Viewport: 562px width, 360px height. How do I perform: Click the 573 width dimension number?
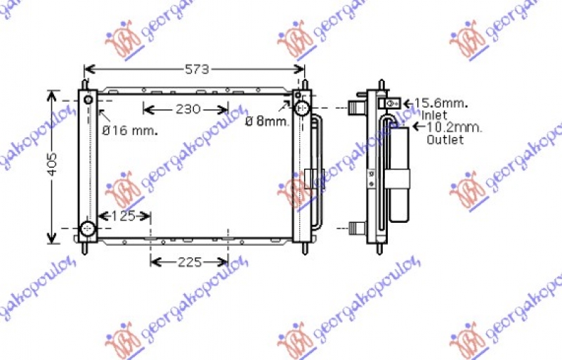point(197,69)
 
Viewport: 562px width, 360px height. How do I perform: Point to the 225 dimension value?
point(189,262)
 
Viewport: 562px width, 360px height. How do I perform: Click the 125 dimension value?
point(123,216)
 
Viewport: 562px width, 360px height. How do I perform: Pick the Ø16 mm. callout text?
point(130,130)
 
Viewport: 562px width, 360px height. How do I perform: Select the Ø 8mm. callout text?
point(267,121)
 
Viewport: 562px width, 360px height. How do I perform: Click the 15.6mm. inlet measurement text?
point(440,103)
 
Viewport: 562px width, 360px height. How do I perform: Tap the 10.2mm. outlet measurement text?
point(455,127)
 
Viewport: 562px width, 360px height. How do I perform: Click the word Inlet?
point(435,115)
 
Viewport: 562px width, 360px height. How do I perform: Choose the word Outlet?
point(445,139)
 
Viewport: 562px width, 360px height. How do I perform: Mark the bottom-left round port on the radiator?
point(88,229)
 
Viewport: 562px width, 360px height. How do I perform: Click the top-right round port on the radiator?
point(303,108)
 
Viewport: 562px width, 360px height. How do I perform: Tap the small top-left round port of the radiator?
point(89,100)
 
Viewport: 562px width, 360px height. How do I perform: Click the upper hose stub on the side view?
point(356,109)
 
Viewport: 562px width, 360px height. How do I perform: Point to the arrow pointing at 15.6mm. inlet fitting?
point(408,103)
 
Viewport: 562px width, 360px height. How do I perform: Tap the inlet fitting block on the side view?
point(389,103)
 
